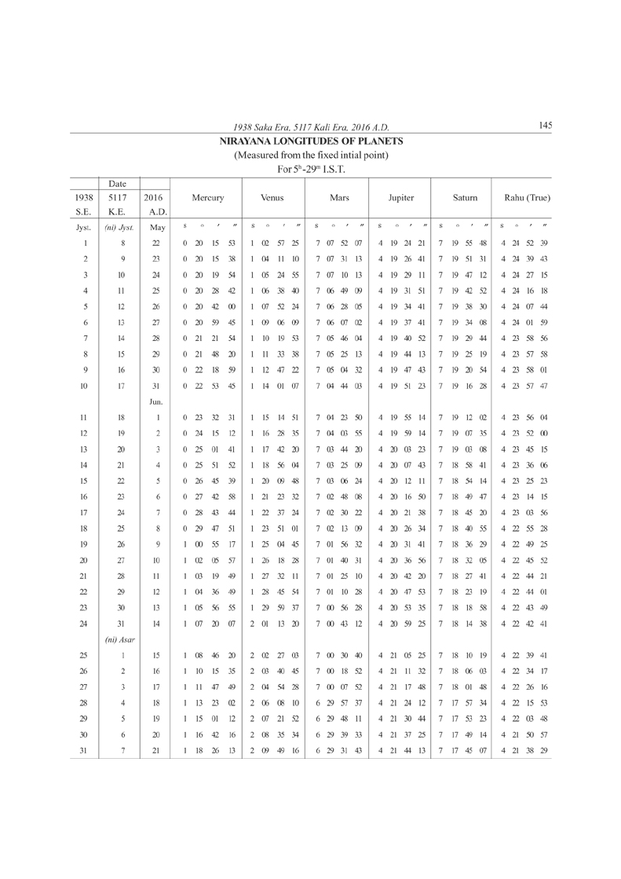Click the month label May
pyautogui.click(x=157, y=227)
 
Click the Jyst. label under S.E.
pyautogui.click(x=82, y=227)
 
